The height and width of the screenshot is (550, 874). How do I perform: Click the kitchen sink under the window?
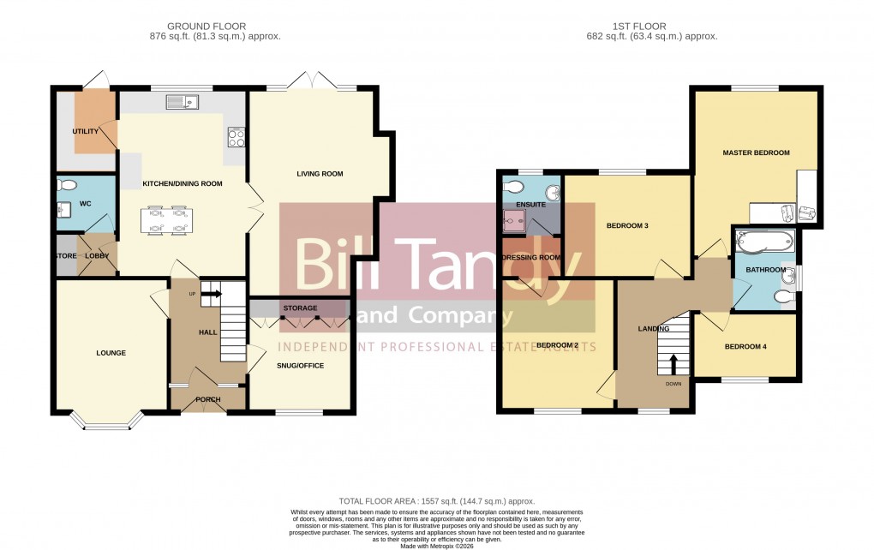(183, 104)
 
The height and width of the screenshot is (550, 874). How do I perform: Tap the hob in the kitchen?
(236, 137)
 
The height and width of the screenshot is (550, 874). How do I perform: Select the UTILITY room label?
(85, 131)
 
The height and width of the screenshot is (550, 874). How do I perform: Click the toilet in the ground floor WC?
(68, 185)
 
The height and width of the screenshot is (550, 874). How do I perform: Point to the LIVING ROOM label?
(320, 174)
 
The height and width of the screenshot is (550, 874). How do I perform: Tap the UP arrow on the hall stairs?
(211, 294)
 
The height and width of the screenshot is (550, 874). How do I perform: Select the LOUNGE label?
(111, 353)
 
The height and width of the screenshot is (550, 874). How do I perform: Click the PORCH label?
(207, 399)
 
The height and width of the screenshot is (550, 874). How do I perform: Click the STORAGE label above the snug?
(300, 308)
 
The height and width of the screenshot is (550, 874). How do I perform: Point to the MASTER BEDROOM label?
(755, 152)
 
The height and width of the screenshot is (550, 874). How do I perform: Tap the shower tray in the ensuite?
(515, 223)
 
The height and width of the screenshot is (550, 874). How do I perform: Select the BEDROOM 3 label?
(627, 226)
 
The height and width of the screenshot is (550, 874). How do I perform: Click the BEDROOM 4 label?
(745, 347)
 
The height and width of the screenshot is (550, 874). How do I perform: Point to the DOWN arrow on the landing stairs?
(673, 364)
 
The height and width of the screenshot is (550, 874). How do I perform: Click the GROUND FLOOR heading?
(213, 27)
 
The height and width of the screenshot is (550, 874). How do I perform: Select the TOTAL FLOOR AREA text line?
(437, 501)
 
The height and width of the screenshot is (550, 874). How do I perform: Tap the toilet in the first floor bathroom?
(781, 296)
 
